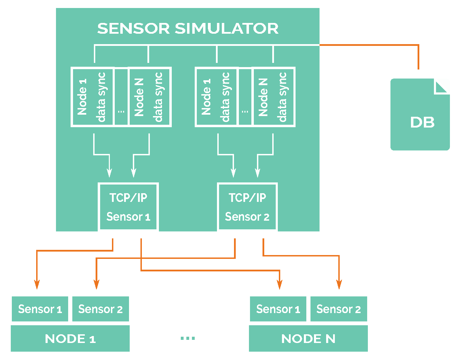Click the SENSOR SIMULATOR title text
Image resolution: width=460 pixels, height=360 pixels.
coord(188,28)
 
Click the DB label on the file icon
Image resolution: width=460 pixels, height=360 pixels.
coord(422,122)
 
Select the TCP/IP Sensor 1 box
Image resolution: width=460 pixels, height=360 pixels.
coord(128,207)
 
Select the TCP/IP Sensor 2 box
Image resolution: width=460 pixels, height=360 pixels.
coord(247,207)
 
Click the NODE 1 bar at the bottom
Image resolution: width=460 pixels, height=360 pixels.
coord(70,338)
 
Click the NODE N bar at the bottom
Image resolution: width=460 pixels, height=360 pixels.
coord(308,338)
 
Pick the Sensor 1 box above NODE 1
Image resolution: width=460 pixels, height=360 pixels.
coord(40,309)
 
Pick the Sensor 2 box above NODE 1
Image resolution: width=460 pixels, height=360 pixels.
coord(100,309)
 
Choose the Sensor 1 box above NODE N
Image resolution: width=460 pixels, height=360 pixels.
coord(278,309)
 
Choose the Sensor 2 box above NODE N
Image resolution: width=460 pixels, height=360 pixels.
coord(338,309)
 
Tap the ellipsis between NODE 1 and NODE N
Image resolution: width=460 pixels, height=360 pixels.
coord(188,338)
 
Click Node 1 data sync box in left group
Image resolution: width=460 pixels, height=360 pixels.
coord(92,97)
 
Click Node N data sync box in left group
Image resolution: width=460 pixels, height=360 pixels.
coord(150,97)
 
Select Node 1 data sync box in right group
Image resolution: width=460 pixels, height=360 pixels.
coord(217,97)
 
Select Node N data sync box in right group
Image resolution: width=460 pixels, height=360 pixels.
coord(274,97)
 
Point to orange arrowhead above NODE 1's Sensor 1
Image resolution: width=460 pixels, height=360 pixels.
coord(37,285)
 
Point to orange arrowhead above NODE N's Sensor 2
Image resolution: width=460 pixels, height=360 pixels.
coord(339,285)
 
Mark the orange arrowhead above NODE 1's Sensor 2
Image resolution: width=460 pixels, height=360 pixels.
coord(96,285)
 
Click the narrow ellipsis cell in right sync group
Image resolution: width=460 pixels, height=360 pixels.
coord(245,97)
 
